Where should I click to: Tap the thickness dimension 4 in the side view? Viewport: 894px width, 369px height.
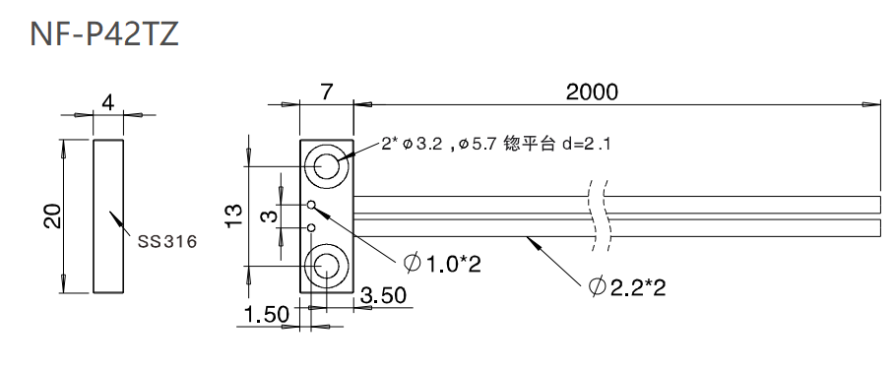coord(109,101)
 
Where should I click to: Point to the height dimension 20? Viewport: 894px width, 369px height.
coord(52,215)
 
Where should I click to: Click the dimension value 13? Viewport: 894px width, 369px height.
coord(233,215)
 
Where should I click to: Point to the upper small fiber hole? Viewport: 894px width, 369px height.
coord(311,206)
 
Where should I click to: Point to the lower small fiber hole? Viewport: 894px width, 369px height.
coord(311,227)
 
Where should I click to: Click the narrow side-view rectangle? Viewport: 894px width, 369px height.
coord(109,216)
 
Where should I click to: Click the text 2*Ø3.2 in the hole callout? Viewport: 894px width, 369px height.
coord(412,145)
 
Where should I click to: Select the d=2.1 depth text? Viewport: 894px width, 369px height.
coord(587,145)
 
